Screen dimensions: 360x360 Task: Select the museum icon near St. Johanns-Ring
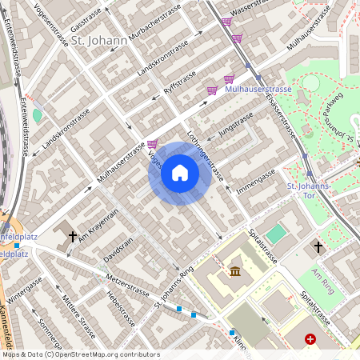(x=235, y=272)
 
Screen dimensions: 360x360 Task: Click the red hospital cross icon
(x=310, y=340)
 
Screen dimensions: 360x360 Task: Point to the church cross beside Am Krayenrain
(x=73, y=237)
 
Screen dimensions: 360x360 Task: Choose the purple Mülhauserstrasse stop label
(x=258, y=89)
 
